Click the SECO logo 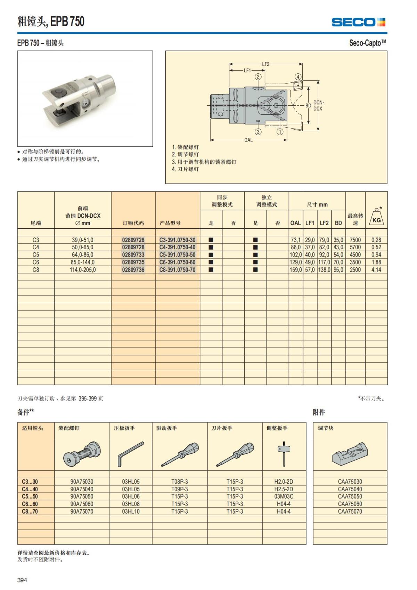coord(358,22)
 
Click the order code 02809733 coord(133,255)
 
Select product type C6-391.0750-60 coord(177,262)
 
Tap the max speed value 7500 coord(355,240)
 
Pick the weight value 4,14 coord(376,270)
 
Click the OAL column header coord(295,223)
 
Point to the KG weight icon coord(376,217)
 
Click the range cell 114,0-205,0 coord(83,270)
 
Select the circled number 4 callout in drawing coord(298,77)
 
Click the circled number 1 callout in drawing coord(280,131)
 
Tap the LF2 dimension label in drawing coord(265,64)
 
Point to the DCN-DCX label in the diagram coord(318,106)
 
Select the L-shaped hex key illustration coord(130,454)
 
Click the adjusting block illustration coord(350,453)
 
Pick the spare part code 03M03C coord(284,496)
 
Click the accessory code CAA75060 coord(350,504)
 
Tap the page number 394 coord(22,580)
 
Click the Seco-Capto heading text coord(367,43)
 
